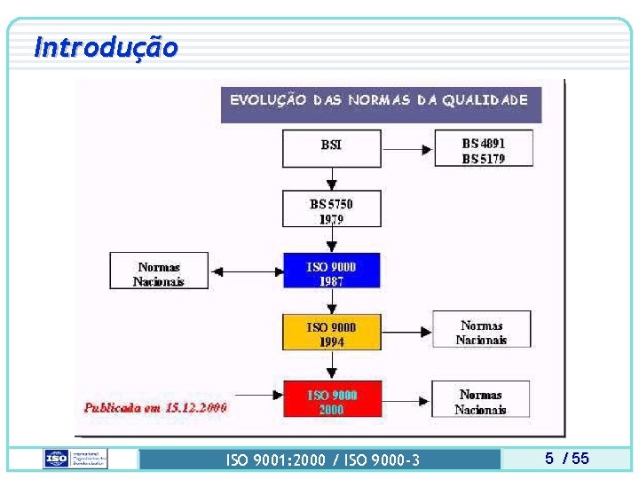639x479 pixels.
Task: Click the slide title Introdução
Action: [106, 46]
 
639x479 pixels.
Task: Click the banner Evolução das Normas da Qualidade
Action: [380, 100]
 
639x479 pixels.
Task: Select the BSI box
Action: [331, 147]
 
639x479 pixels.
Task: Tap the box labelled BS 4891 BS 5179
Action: [483, 147]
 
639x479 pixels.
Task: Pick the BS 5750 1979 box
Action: [331, 210]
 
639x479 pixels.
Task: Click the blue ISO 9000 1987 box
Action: [331, 271]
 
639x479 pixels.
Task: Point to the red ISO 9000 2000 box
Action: [331, 400]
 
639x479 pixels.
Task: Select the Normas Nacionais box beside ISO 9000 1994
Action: [481, 331]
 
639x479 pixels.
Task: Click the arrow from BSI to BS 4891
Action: [407, 148]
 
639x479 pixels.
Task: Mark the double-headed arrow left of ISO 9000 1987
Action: [245, 271]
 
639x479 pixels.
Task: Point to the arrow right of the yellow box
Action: [406, 333]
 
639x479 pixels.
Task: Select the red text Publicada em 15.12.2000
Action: [155, 407]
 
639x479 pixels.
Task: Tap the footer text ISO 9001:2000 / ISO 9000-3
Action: [323, 459]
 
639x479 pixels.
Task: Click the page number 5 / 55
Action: [566, 459]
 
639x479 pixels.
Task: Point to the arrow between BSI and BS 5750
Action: [332, 179]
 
